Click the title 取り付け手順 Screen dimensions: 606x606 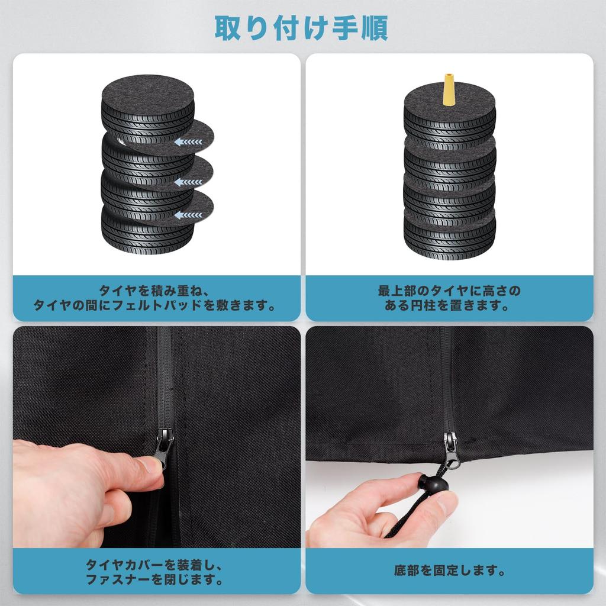301,28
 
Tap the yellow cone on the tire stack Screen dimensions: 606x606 449,89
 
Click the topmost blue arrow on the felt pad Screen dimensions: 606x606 188,142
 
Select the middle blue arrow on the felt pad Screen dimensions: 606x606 188,182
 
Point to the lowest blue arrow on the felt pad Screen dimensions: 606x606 188,215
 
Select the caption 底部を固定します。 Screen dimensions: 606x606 450,570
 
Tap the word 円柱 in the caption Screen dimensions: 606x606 424,305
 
